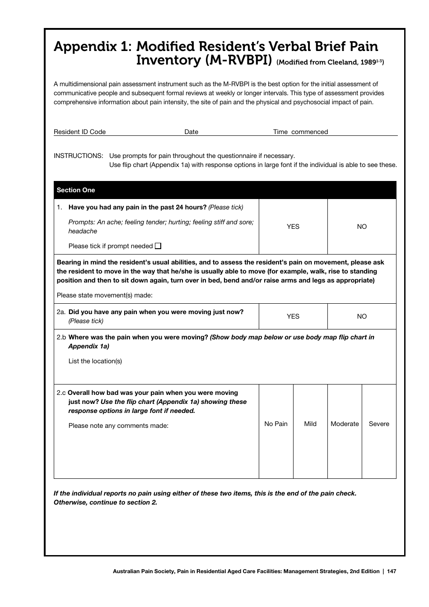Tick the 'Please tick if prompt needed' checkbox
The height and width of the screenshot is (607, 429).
coord(158,246)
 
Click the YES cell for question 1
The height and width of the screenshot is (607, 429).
coord(293,227)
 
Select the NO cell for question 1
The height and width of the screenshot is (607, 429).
coord(362,227)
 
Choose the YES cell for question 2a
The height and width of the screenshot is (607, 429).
coord(293,316)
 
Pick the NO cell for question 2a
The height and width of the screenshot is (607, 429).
coord(362,316)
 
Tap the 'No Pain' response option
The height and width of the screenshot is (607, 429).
coord(276,424)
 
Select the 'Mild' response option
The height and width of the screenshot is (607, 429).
coord(310,424)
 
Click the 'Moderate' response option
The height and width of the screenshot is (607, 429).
coord(345,424)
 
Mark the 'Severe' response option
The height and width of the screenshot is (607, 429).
coord(379,424)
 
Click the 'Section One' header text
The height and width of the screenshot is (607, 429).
coord(76,190)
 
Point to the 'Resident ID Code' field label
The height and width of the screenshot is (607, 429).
coord(79,132)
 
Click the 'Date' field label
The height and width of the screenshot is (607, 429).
coord(191,132)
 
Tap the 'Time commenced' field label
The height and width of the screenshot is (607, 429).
coord(300,132)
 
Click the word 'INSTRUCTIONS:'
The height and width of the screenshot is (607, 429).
coord(79,156)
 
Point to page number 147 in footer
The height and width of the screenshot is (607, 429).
coord(392,571)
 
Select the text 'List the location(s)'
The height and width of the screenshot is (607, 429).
coord(95,361)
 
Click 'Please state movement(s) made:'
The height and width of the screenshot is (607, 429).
coord(105,295)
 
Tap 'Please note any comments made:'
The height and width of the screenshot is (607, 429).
coord(118,426)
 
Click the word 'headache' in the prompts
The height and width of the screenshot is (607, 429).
coord(83,231)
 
